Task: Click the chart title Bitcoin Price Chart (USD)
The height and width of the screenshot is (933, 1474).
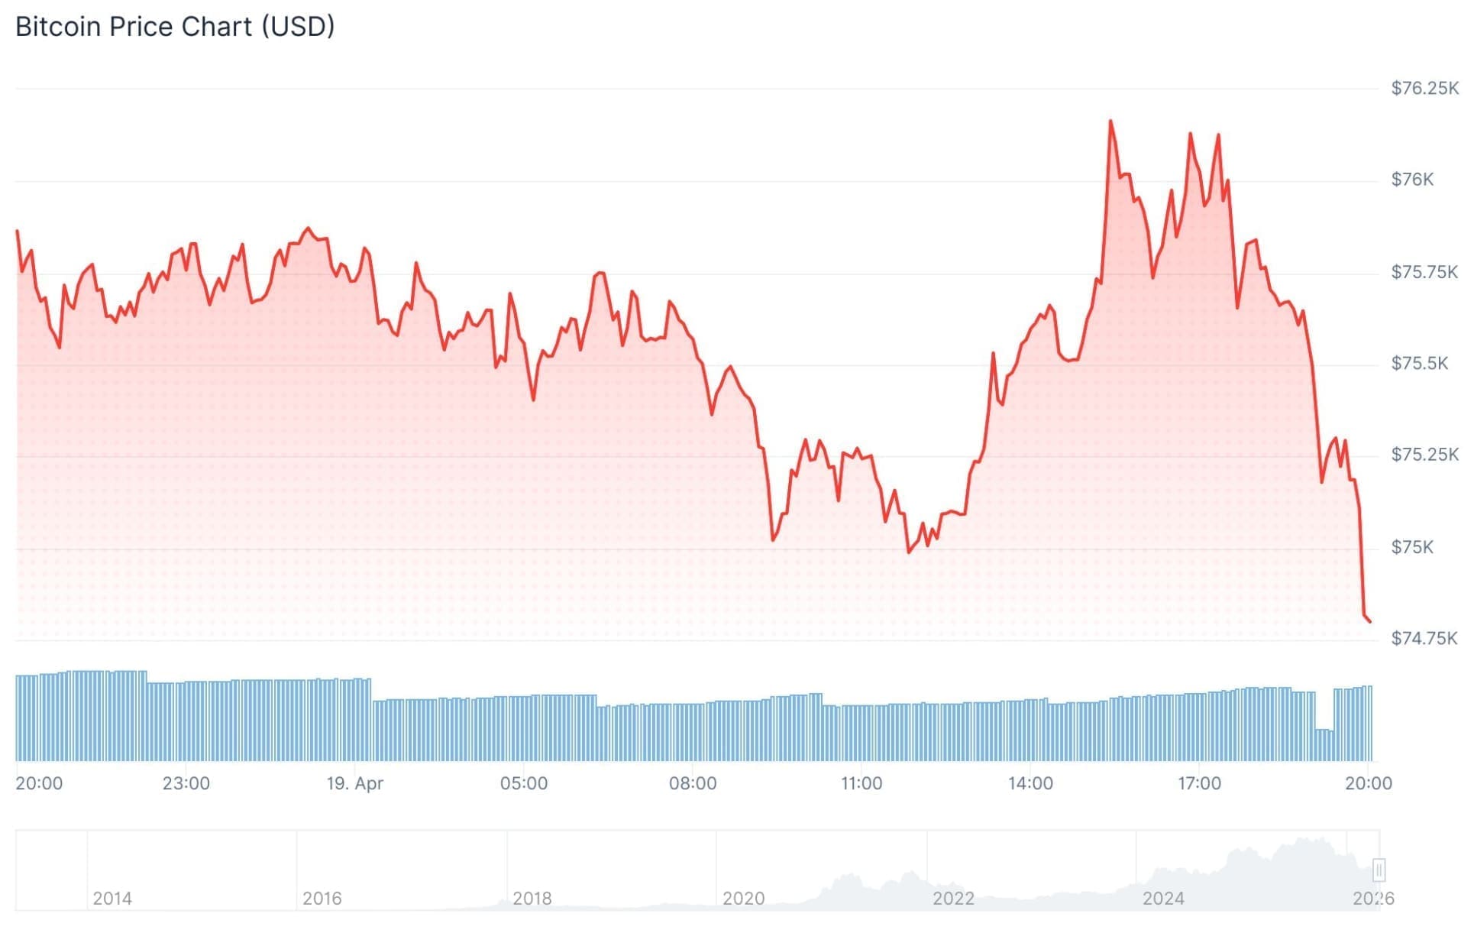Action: (175, 27)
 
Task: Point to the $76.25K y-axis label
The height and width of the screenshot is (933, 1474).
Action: (1424, 89)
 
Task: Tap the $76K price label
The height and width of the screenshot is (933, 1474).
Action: (1412, 180)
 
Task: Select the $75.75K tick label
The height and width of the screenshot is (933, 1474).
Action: (1424, 272)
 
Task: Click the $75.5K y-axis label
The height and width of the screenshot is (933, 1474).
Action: (1419, 364)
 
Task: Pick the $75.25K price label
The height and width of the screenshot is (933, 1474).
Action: (1424, 455)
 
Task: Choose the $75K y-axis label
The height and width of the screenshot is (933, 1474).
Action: (1412, 547)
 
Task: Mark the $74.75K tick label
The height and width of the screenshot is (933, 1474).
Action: (1424, 638)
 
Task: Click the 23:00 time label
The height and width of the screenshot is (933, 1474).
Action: (186, 783)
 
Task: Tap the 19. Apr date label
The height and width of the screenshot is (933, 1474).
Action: (354, 783)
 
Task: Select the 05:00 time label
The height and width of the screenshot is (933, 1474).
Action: (523, 783)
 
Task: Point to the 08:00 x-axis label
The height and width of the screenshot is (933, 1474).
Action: (693, 783)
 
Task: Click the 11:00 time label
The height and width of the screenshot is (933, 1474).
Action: (861, 783)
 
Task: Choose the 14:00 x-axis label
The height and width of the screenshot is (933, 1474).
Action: (1030, 783)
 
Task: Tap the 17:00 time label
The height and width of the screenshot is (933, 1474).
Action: (1199, 783)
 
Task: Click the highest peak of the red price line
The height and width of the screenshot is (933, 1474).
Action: (1110, 121)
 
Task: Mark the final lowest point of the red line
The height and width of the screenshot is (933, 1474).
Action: (1369, 621)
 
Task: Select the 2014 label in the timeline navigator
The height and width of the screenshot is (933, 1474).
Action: (112, 898)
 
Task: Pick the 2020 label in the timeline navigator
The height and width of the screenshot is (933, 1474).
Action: (743, 898)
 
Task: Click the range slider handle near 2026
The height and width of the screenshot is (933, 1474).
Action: (1379, 870)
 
